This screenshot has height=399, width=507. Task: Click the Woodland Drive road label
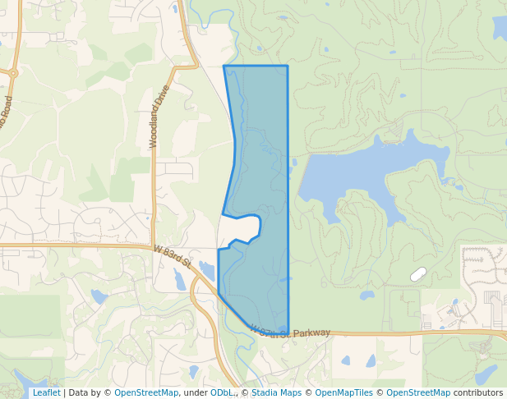[x=159, y=117]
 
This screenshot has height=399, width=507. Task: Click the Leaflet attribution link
[x=46, y=393]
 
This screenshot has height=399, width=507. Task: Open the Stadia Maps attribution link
[x=276, y=393]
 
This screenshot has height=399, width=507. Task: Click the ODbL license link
[x=221, y=393]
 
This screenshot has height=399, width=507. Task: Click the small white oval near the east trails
[x=418, y=274]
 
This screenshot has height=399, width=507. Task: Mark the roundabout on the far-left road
[x=12, y=73]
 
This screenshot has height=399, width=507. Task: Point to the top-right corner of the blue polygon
[x=287, y=66]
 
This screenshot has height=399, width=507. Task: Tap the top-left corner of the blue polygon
[x=224, y=66]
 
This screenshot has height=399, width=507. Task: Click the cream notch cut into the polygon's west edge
[x=240, y=228]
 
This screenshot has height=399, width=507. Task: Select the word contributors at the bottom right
[x=477, y=393]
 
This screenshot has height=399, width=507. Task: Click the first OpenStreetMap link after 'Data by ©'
[x=145, y=393]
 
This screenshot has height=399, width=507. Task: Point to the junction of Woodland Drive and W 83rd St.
[x=154, y=245]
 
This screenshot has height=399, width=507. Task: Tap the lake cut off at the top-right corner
[x=500, y=28]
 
